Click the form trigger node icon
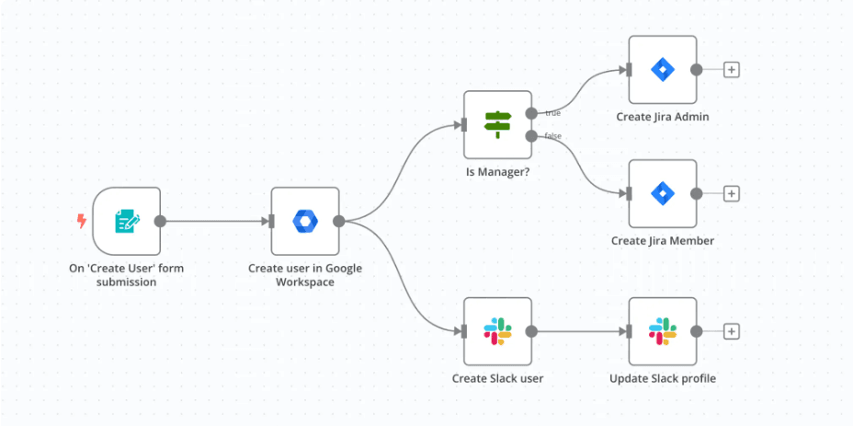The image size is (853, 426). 126,221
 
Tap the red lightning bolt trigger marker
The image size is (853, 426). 81,221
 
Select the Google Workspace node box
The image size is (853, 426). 304,221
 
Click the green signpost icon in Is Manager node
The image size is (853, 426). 497,124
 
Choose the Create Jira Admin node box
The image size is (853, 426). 662,70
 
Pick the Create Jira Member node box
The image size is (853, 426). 662,193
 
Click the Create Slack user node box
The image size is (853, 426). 497,331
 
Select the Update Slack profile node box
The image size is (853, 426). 662,331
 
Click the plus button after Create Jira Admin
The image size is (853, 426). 732,70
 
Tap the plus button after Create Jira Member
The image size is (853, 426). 732,193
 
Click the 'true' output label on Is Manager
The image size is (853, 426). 552,113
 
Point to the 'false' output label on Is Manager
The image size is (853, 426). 552,136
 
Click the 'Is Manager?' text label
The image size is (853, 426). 497,172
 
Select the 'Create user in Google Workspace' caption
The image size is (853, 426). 304,275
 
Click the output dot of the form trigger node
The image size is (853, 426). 160,221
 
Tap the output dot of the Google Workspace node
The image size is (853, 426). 338,221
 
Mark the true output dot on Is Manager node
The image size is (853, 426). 531,113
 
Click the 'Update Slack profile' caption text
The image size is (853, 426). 662,378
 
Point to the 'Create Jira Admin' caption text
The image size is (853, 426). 662,117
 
